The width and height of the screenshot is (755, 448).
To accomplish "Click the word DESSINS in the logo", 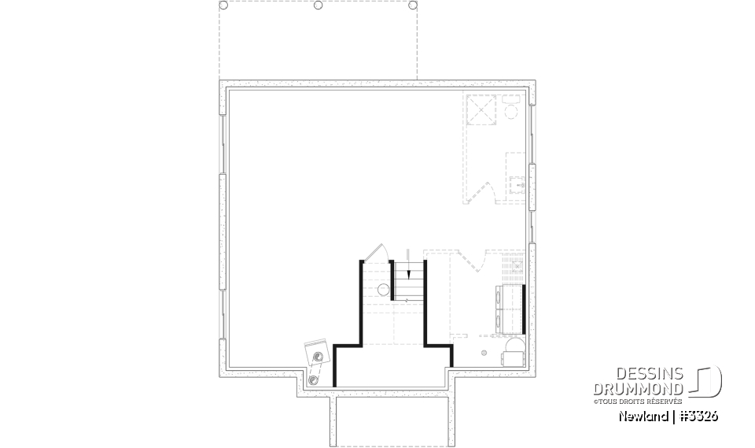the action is pyautogui.click(x=650, y=374).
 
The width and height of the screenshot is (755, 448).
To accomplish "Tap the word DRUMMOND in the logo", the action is pyautogui.click(x=638, y=389).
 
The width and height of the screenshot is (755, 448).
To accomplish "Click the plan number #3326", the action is pyautogui.click(x=698, y=417).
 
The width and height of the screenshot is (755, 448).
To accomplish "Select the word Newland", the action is pyautogui.click(x=643, y=417).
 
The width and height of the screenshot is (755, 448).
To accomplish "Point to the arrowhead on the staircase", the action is pyautogui.click(x=408, y=275).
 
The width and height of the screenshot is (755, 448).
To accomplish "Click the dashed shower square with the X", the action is pyautogui.click(x=481, y=110).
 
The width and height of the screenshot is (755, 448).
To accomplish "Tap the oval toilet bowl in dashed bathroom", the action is pyautogui.click(x=511, y=113).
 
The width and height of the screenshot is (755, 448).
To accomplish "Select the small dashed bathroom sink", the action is pyautogui.click(x=517, y=185).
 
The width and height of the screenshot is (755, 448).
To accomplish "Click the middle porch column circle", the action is pyautogui.click(x=318, y=6).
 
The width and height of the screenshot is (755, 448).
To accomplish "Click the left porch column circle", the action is pyautogui.click(x=223, y=6).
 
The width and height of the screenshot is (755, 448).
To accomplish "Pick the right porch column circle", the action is pyautogui.click(x=413, y=6).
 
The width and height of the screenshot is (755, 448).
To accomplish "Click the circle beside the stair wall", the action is pyautogui.click(x=383, y=290).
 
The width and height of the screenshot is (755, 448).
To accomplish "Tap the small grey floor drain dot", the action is pyautogui.click(x=484, y=353).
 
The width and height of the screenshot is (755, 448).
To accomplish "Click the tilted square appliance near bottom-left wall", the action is pyautogui.click(x=317, y=353).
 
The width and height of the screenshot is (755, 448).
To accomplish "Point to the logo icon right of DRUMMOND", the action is pyautogui.click(x=706, y=381).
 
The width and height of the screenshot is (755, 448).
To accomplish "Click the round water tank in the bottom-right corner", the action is pyautogui.click(x=514, y=348).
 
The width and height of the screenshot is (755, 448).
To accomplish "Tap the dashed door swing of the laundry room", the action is pyautogui.click(x=471, y=261).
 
